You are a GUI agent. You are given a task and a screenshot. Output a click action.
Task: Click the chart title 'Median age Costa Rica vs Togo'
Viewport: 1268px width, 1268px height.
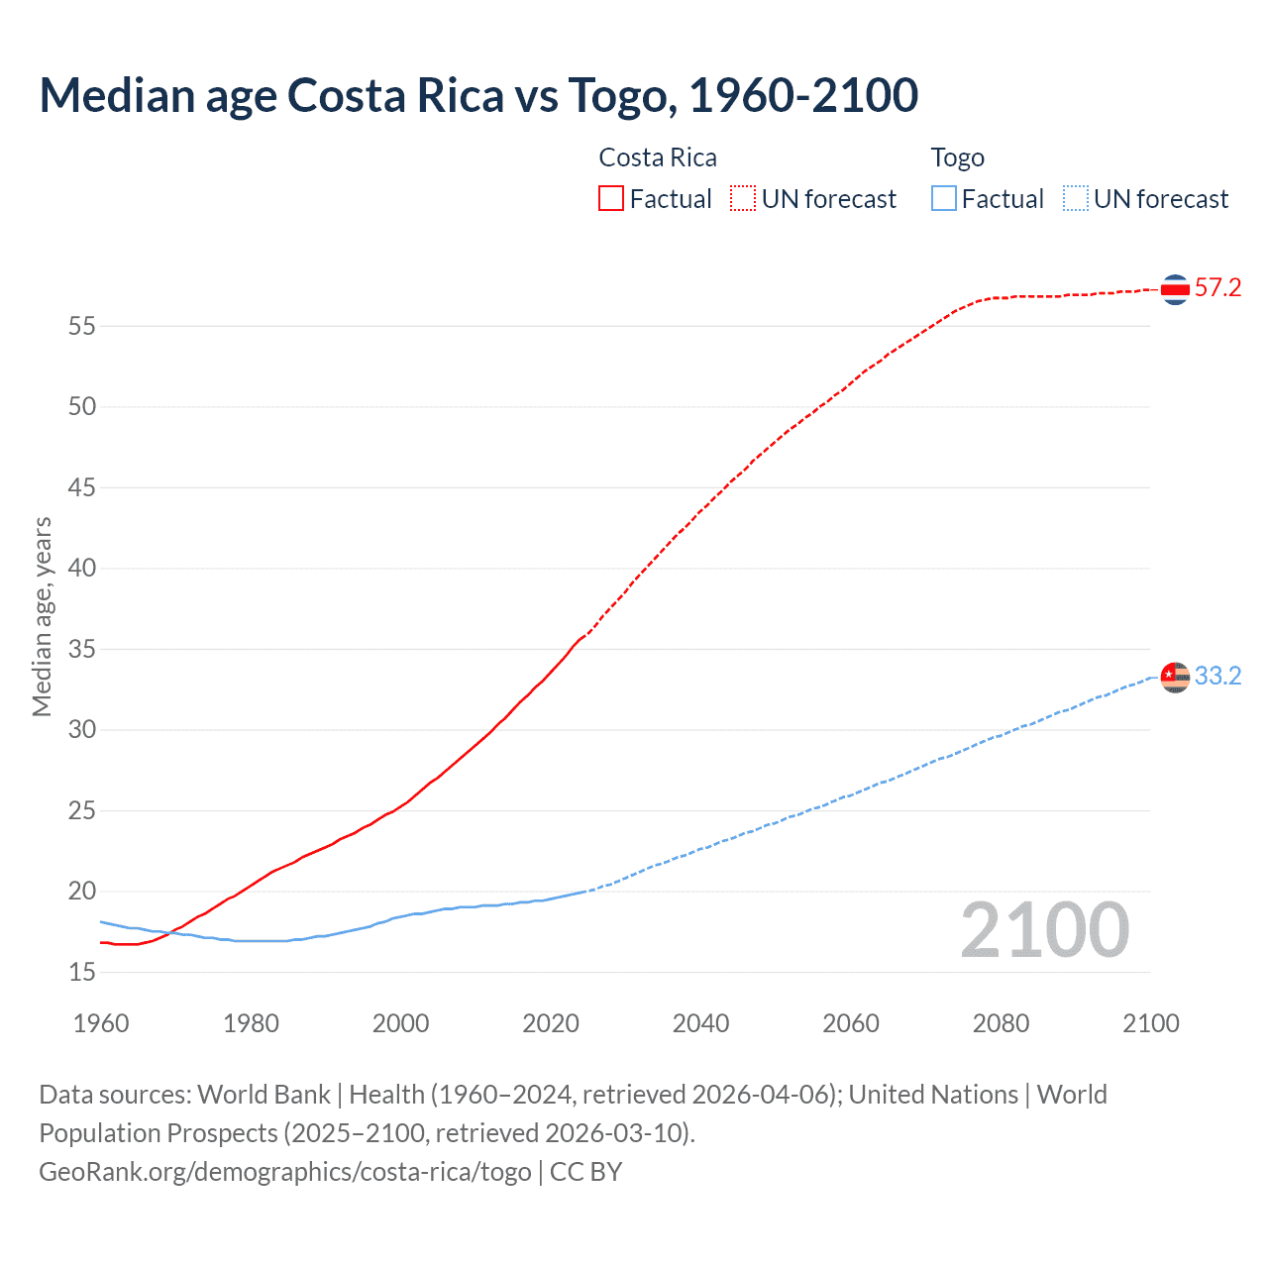pos(478,95)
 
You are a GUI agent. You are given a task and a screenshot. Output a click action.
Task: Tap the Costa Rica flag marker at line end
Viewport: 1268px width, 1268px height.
pos(1175,289)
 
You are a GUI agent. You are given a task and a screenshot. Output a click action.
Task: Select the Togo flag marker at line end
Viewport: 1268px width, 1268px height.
pos(1175,677)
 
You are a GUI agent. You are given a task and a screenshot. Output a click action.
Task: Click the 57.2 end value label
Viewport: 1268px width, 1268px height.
pos(1217,288)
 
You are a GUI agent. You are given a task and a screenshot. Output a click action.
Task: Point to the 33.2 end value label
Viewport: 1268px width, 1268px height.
pos(1217,677)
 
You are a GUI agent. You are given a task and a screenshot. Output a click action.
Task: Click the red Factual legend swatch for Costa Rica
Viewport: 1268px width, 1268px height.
pos(611,199)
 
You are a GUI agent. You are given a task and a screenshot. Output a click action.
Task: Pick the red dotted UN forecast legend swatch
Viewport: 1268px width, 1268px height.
pos(743,199)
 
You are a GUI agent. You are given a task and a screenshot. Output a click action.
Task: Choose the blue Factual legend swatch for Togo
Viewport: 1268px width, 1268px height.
pos(944,199)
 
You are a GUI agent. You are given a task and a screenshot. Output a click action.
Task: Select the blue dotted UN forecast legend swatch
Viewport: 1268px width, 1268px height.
pos(1076,199)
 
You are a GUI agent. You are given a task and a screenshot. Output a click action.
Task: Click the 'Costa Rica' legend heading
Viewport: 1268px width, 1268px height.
pos(658,158)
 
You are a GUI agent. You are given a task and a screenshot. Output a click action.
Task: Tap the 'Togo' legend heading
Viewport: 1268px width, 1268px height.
pos(957,158)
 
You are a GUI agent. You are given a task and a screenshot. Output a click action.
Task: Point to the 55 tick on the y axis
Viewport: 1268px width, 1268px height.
pos(82,326)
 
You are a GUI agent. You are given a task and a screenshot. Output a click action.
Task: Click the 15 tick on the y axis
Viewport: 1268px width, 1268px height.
pos(82,973)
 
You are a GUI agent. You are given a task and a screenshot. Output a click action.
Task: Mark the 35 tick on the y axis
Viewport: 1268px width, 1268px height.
pos(82,650)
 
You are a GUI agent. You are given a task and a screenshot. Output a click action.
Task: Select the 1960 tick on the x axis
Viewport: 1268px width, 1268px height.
pos(101,1023)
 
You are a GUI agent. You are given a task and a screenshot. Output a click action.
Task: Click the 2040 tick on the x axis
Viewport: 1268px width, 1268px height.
pos(700,1023)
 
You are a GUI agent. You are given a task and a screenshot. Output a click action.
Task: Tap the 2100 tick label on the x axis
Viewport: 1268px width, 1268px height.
pos(1150,1023)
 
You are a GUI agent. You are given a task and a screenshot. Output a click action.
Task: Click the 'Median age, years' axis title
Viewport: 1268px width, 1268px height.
pos(42,616)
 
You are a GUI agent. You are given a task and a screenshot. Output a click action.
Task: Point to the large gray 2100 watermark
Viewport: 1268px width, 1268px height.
pos(1044,930)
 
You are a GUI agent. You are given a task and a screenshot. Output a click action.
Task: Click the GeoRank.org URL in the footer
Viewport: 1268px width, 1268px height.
pos(285,1172)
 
